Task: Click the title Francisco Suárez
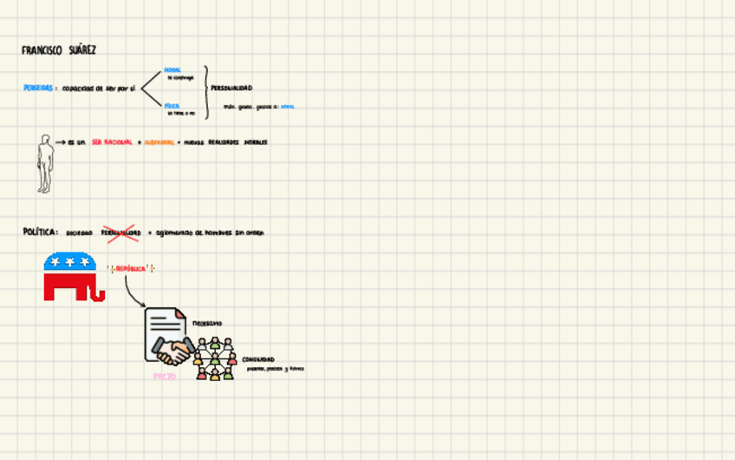(59, 50)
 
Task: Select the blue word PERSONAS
(38, 88)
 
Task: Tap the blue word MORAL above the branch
(172, 70)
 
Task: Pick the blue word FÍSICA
(172, 106)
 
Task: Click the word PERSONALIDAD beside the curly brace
(231, 89)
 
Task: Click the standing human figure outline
(45, 162)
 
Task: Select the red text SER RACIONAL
(112, 142)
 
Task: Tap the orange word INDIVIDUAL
(159, 142)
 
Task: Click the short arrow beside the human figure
(61, 141)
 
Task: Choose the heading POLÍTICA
(40, 233)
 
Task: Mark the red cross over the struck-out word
(120, 233)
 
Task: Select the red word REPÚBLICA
(130, 269)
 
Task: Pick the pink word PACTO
(165, 377)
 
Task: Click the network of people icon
(214, 358)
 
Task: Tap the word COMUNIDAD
(258, 359)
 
